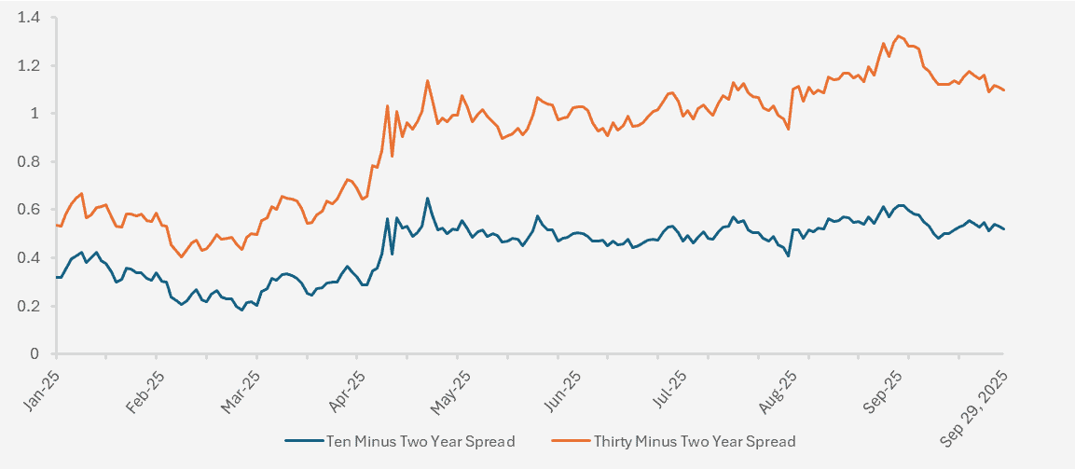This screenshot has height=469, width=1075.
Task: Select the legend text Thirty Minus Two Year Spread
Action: tap(694, 441)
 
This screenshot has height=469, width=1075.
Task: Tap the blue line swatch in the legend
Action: tap(302, 441)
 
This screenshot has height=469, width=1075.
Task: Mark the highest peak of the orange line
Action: tap(899, 36)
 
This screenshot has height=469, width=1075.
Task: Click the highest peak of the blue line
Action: tap(427, 198)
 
